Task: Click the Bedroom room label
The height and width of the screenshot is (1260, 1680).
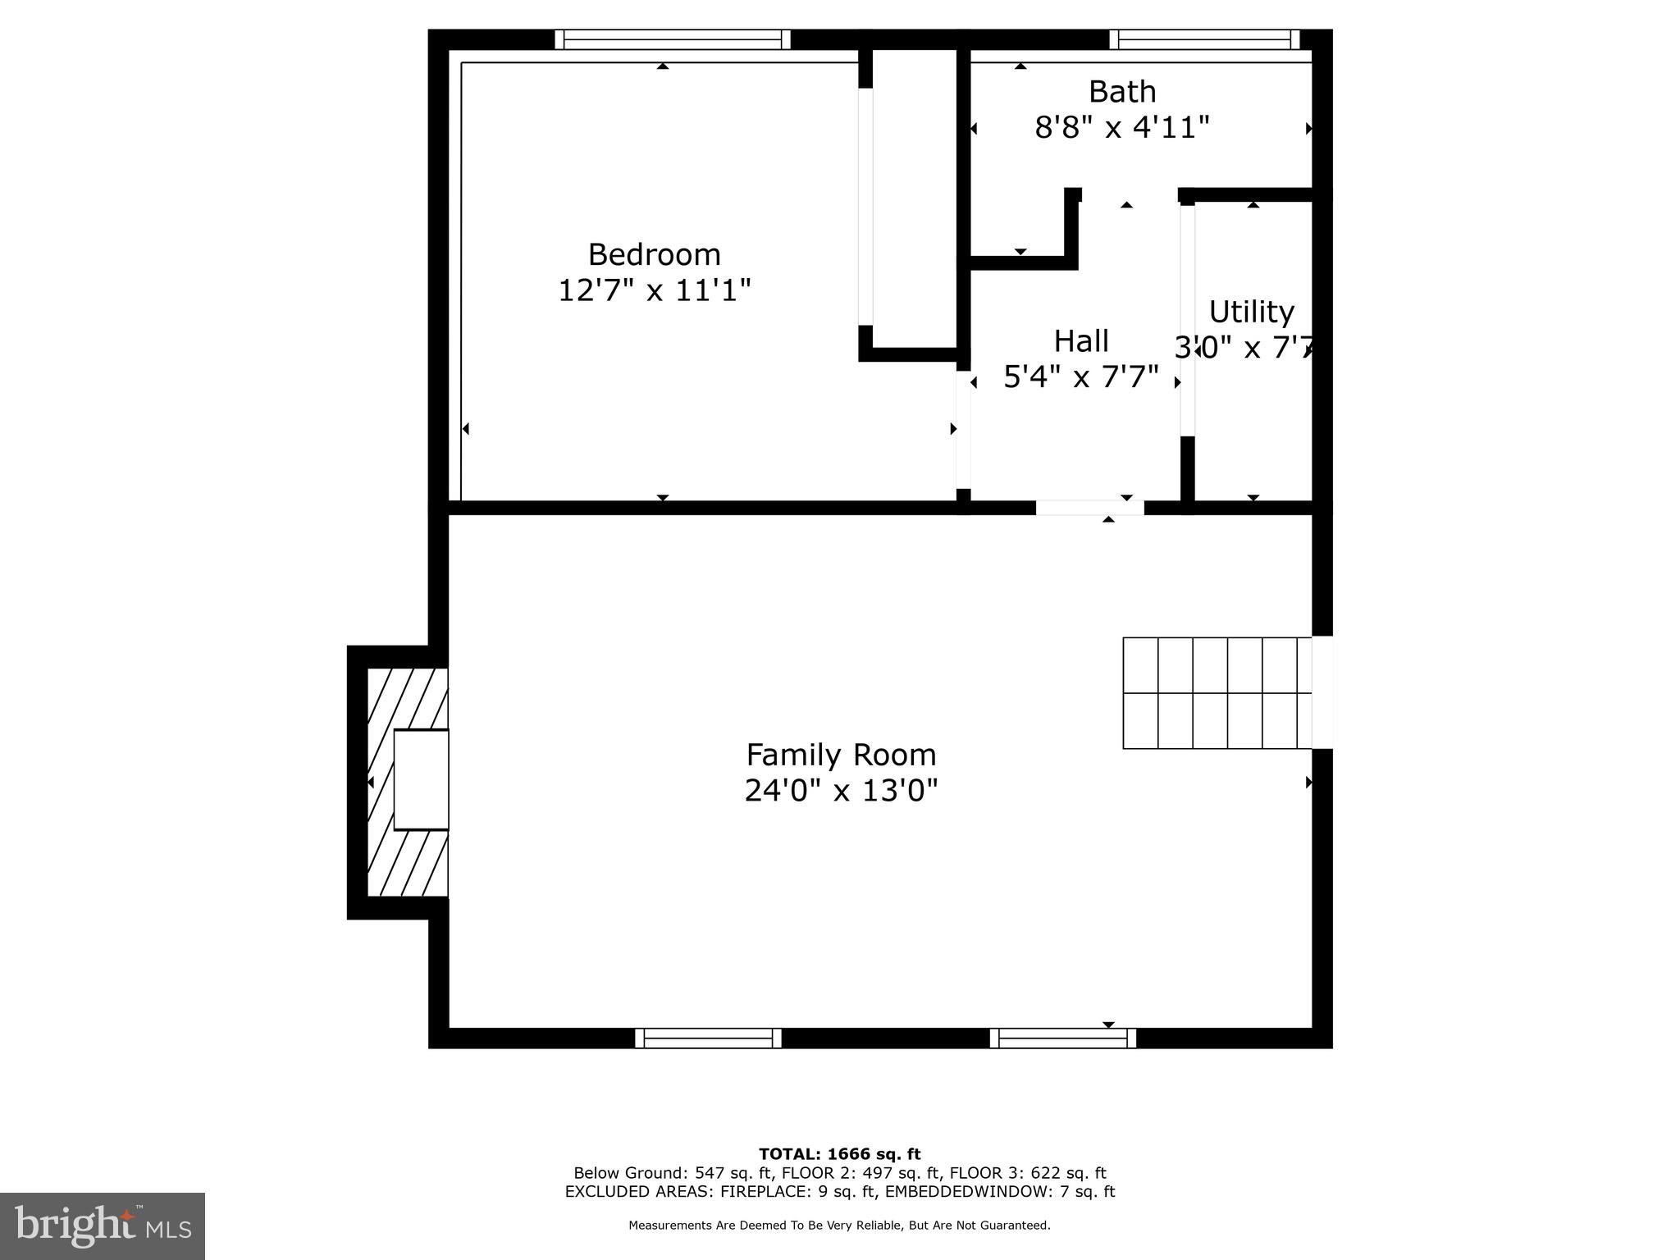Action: coord(654,255)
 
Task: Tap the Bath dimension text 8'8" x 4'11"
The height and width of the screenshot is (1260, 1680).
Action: coord(1121,128)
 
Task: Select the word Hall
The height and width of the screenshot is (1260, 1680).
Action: coord(1080,341)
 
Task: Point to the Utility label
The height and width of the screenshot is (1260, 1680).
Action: coord(1251,313)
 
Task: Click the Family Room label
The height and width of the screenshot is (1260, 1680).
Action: coord(840,755)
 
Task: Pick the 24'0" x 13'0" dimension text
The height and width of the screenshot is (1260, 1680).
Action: coord(840,791)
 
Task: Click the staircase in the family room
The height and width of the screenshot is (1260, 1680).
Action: coord(1217,693)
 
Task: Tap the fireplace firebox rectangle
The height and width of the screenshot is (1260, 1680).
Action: coord(421,779)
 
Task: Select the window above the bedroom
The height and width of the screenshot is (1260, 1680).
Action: coord(672,39)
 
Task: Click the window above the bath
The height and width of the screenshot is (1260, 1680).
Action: coord(1204,39)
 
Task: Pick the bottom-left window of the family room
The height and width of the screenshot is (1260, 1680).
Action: coord(708,1039)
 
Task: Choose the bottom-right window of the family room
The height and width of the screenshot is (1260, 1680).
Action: coord(1062,1039)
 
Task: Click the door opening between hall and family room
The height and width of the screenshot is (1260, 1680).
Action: coord(1089,508)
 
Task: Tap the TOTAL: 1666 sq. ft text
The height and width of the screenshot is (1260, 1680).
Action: coord(839,1155)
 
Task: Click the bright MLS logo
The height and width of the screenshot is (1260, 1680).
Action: coord(102,1226)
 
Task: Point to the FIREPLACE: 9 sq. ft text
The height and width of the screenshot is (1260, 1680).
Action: coord(800,1192)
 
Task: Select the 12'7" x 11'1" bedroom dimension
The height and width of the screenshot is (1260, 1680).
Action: coord(654,290)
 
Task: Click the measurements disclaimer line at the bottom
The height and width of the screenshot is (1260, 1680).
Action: coord(839,1226)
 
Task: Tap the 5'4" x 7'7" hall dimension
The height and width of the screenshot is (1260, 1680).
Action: coord(1080,377)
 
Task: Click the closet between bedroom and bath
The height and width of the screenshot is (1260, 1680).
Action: coord(914,197)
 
